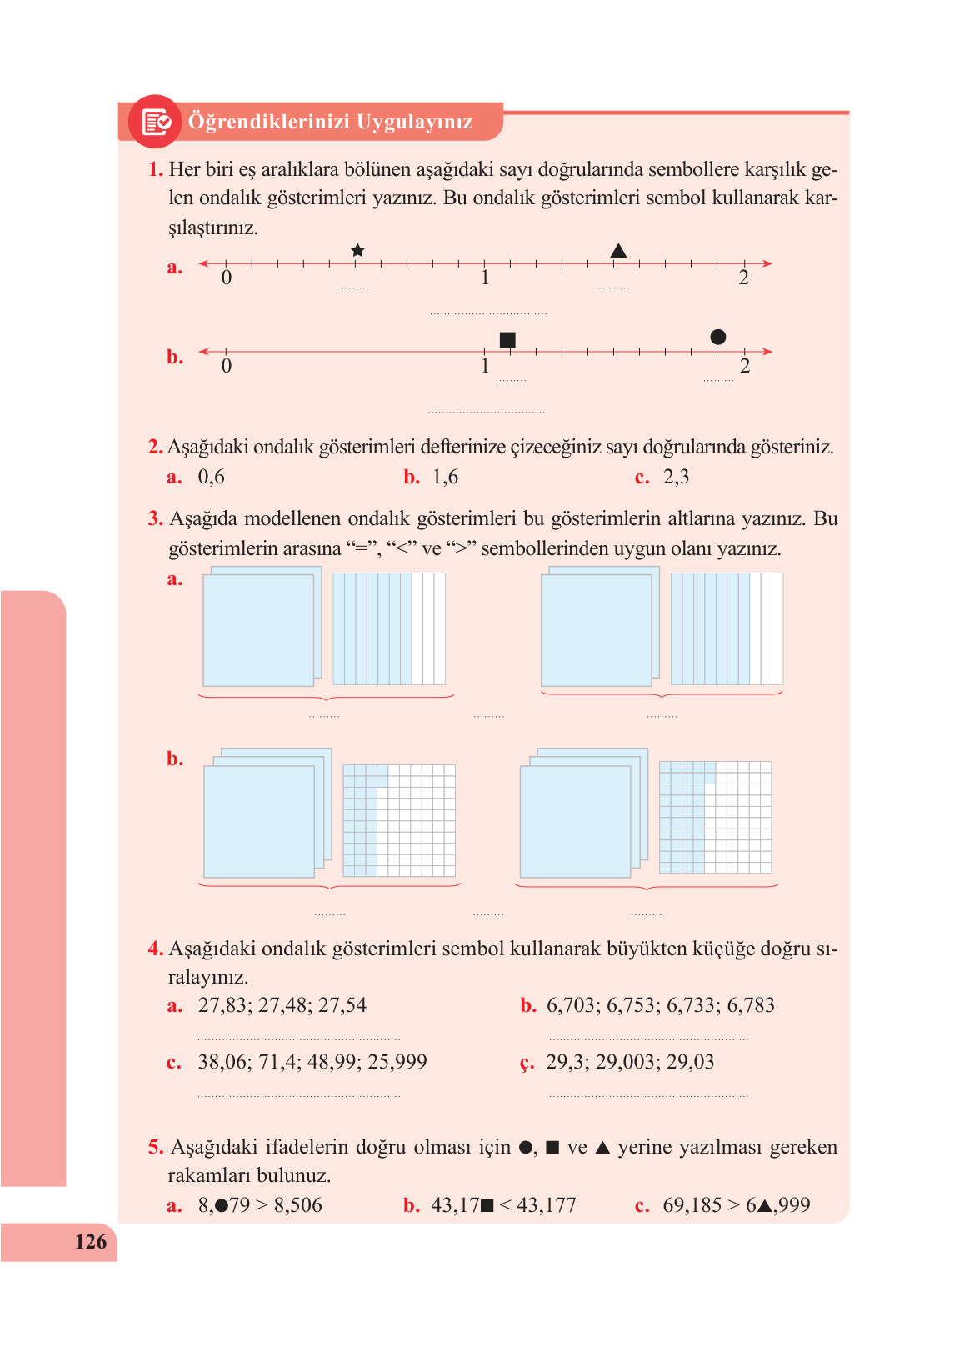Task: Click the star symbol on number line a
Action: tap(357, 250)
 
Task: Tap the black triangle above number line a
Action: tap(618, 251)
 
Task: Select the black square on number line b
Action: tap(507, 339)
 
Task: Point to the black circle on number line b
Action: tap(717, 337)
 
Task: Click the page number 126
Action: tap(91, 1242)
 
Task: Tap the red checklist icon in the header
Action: tap(155, 122)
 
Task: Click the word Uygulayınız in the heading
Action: tap(414, 122)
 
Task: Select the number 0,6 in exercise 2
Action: tap(211, 477)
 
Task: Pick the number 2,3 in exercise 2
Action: tap(676, 477)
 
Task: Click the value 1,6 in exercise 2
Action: tap(445, 477)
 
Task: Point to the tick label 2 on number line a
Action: tap(743, 278)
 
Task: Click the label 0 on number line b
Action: tap(227, 366)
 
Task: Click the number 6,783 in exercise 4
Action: tap(751, 1005)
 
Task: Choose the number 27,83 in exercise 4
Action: tap(222, 1005)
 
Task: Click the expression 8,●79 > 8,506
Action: tap(260, 1205)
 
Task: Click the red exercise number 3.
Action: tap(155, 518)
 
